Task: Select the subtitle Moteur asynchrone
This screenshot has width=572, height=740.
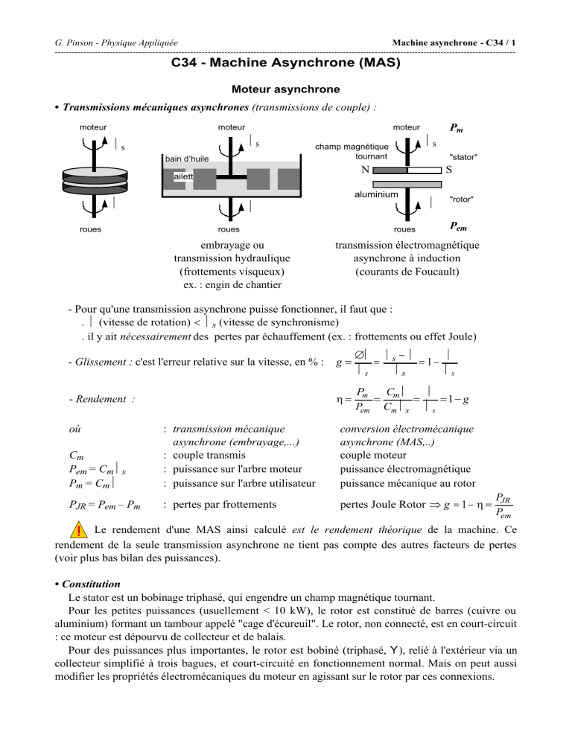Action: click(286, 89)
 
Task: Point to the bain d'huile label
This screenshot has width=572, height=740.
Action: click(186, 159)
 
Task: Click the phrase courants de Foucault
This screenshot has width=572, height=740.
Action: click(407, 272)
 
